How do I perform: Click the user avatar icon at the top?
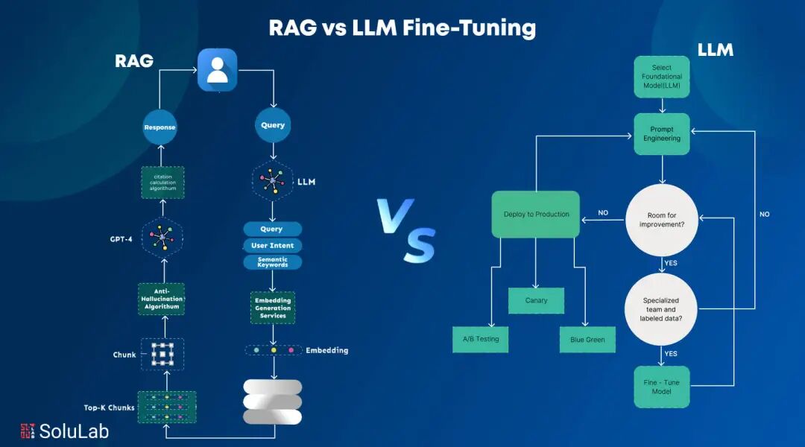(x=217, y=70)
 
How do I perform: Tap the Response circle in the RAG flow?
(x=160, y=127)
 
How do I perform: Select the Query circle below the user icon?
(x=273, y=125)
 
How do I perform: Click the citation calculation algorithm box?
(x=162, y=182)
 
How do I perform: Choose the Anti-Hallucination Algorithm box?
(x=162, y=298)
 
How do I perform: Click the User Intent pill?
(x=272, y=245)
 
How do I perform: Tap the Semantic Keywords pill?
(x=272, y=261)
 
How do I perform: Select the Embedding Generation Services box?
(x=273, y=307)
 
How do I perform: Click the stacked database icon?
(x=273, y=402)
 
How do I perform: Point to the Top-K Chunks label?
(x=110, y=408)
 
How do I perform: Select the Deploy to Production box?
(x=536, y=215)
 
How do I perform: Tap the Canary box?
(x=536, y=300)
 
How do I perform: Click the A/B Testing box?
(x=481, y=339)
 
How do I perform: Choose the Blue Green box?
(x=587, y=340)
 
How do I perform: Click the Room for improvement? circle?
(x=662, y=220)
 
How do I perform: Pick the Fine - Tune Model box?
(x=662, y=387)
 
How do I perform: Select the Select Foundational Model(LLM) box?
(x=662, y=77)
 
